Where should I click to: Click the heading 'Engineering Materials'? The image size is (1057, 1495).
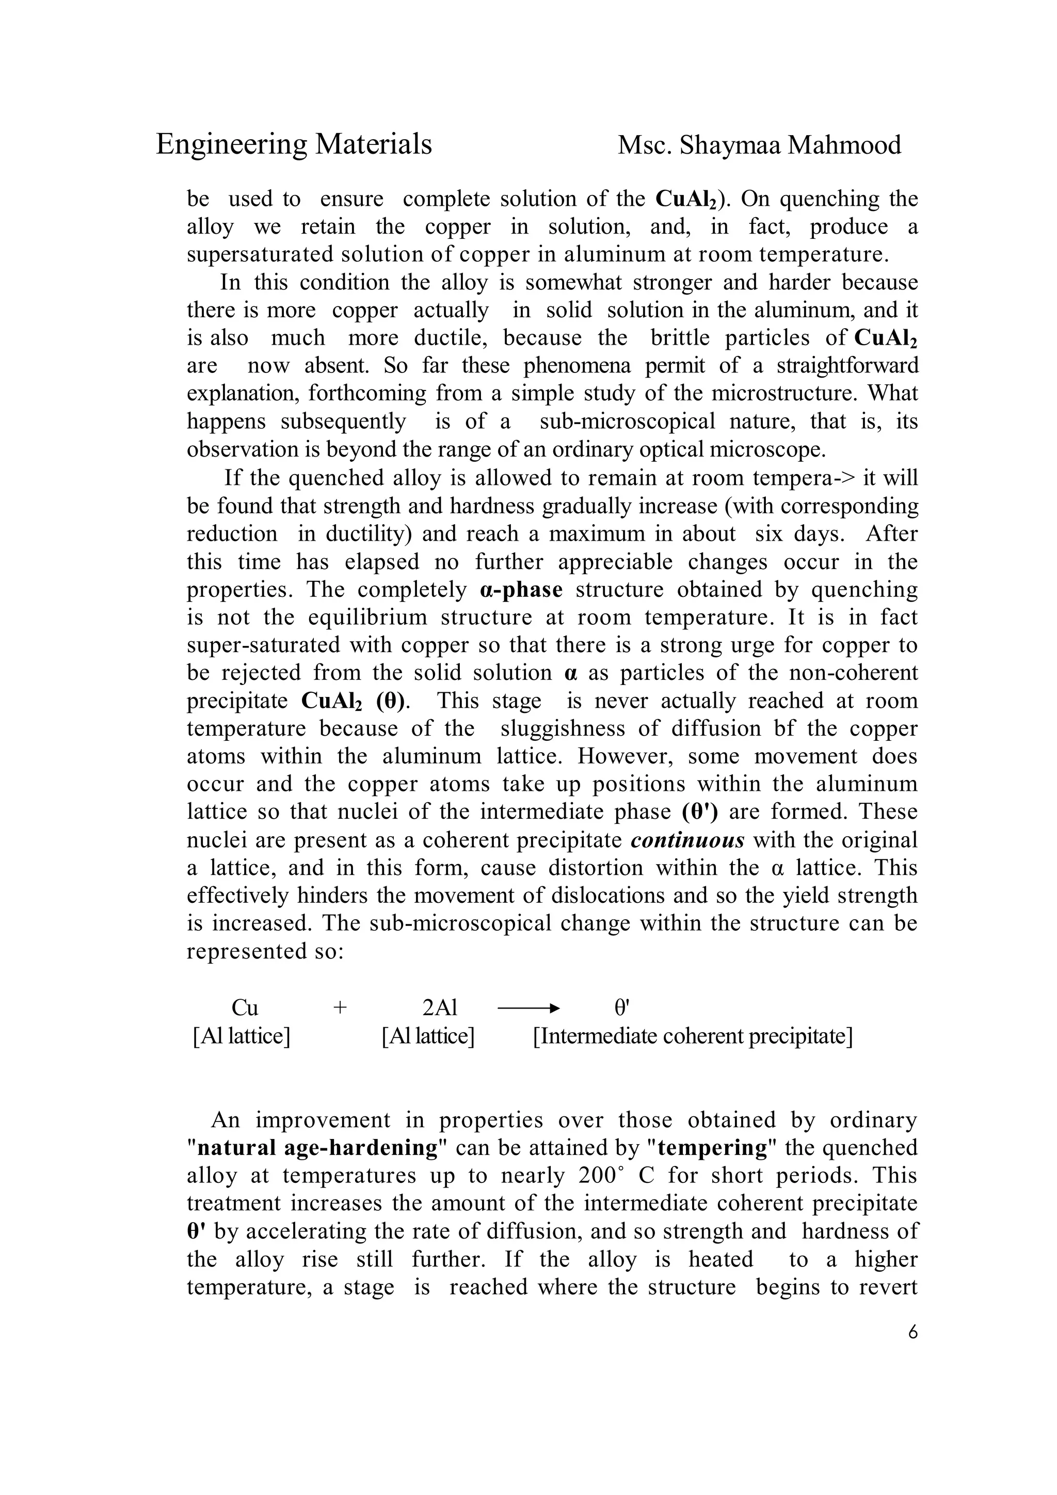pyautogui.click(x=294, y=144)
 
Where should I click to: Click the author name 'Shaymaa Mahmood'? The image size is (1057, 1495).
pyautogui.click(x=790, y=145)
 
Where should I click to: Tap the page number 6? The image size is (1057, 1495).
pyautogui.click(x=912, y=1332)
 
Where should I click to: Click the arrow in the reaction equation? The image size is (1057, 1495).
pyautogui.click(x=528, y=1009)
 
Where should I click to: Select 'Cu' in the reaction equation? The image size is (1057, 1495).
pyautogui.click(x=245, y=1009)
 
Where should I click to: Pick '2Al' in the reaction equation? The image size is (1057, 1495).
pyautogui.click(x=440, y=1009)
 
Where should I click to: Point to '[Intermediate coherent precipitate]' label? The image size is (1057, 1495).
pyautogui.click(x=692, y=1036)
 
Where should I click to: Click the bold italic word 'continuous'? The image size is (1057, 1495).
pyautogui.click(x=688, y=840)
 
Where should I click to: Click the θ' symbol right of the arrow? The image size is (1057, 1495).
pyautogui.click(x=622, y=1009)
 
